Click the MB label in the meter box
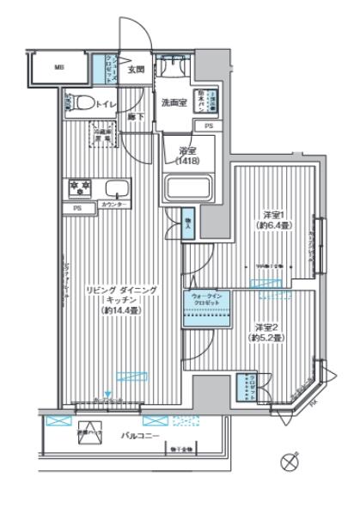[59, 66]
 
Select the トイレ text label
[107, 103]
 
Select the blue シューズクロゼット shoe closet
[110, 69]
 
